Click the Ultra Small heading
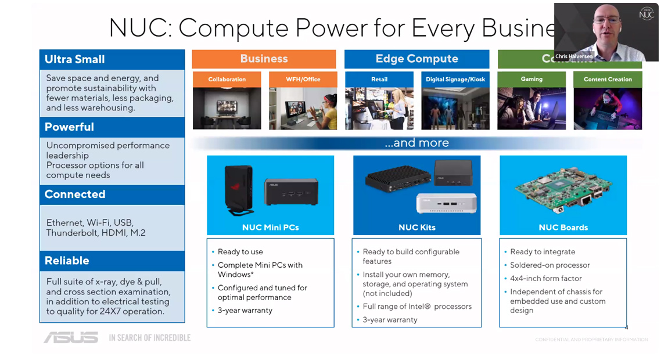[x=75, y=59]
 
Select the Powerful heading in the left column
[x=69, y=127]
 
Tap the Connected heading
[x=75, y=194]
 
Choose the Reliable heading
[x=67, y=261]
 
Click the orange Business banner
[x=264, y=59]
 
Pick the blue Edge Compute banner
[x=416, y=59]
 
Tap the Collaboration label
[x=227, y=79]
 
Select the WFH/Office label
[x=303, y=79]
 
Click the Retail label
[x=379, y=79]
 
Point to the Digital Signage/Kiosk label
[x=455, y=79]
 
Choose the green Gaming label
[x=531, y=79]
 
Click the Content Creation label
[x=608, y=79]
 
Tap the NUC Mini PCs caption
[x=271, y=227]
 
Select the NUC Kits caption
[x=416, y=227]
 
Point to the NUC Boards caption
[x=563, y=227]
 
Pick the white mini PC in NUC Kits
[x=446, y=203]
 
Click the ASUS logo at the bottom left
[x=71, y=337]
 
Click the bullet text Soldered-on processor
[x=550, y=265]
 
